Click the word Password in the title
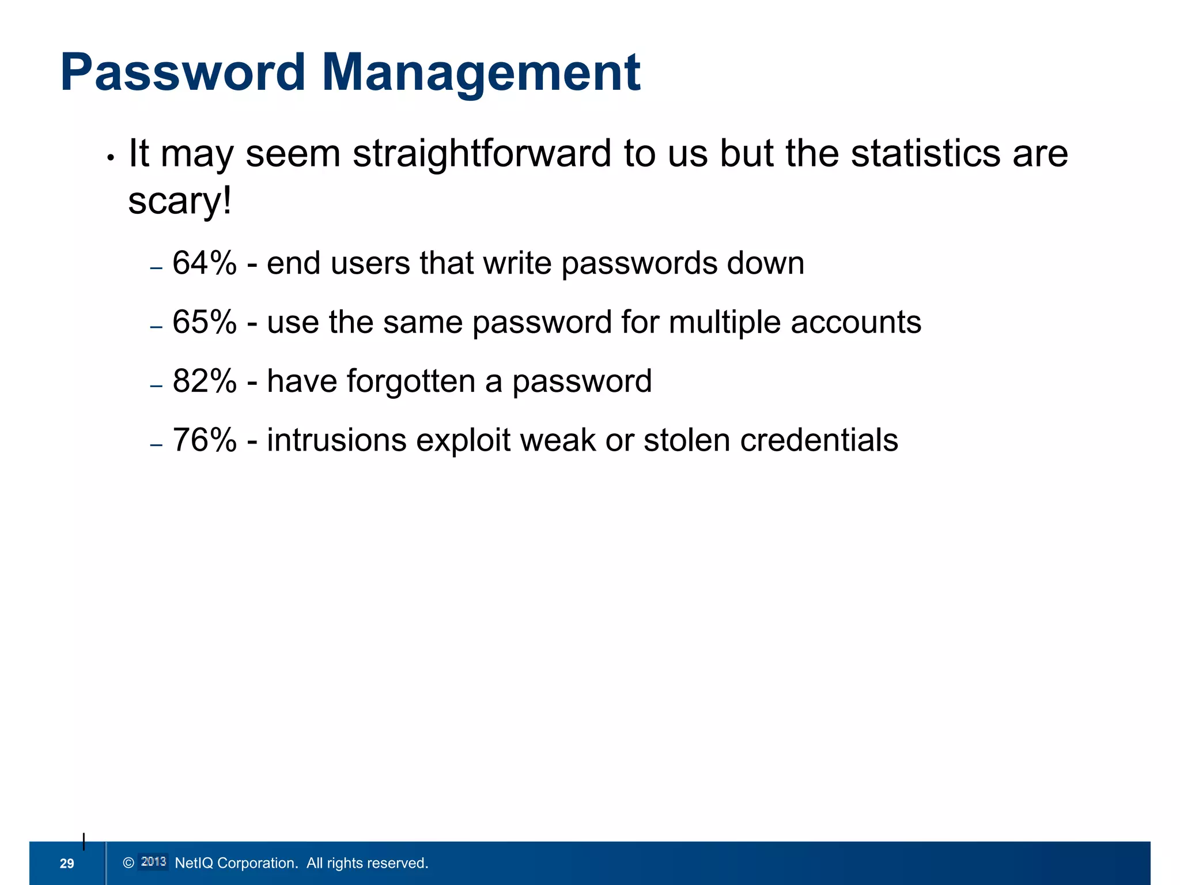(183, 73)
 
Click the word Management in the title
(481, 73)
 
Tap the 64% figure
(205, 263)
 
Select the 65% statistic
(205, 322)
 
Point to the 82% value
(205, 381)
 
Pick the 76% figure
(205, 440)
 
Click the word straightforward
(482, 154)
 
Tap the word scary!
(180, 201)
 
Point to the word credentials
(819, 440)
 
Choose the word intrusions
(336, 440)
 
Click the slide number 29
(67, 863)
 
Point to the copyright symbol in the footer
(128, 863)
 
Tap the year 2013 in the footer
(153, 862)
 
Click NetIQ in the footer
(194, 863)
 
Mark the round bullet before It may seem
(111, 157)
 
